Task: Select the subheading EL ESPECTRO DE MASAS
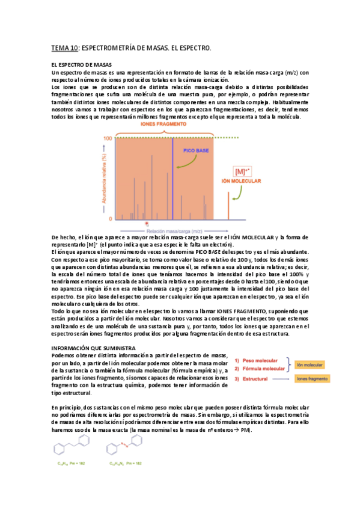point(81,64)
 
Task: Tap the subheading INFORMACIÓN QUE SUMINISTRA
point(93,348)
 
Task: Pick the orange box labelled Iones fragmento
point(312,379)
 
